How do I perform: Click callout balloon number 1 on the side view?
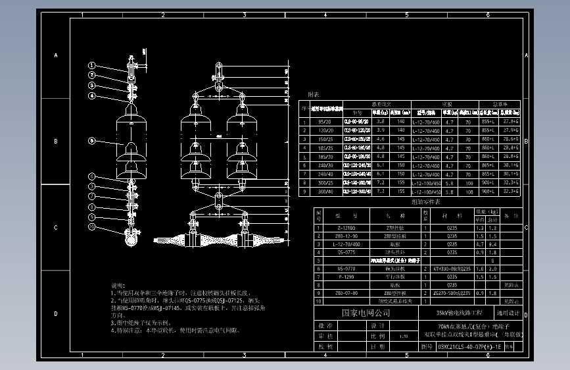click(x=93, y=65)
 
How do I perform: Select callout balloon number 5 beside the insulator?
click(x=93, y=141)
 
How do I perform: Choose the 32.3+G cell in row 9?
click(x=510, y=191)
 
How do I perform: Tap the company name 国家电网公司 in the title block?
click(x=365, y=313)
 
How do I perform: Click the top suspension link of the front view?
click(x=218, y=71)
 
